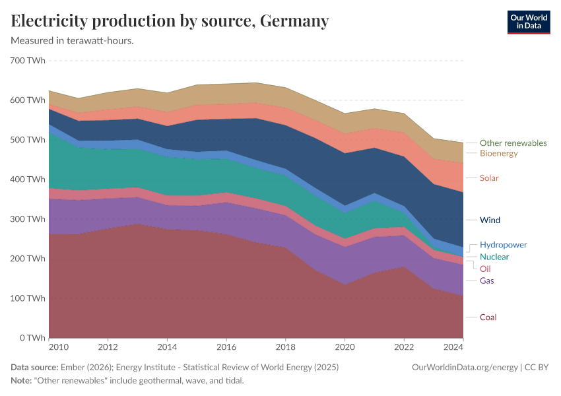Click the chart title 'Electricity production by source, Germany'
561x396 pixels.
point(170,21)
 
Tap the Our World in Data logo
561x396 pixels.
point(528,22)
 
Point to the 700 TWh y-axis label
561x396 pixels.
point(28,61)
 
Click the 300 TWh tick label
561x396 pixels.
point(28,219)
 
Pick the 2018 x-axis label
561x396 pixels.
point(286,346)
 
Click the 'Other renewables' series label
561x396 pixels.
point(513,143)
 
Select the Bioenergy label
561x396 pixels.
point(498,153)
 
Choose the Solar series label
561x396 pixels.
point(489,178)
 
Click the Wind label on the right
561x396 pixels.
point(490,220)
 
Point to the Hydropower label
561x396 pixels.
point(503,245)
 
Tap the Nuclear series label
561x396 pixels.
point(494,257)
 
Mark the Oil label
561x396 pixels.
point(485,269)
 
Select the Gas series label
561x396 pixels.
point(486,280)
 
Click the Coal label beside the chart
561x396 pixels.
point(488,317)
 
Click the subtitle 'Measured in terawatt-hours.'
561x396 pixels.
point(73,40)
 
